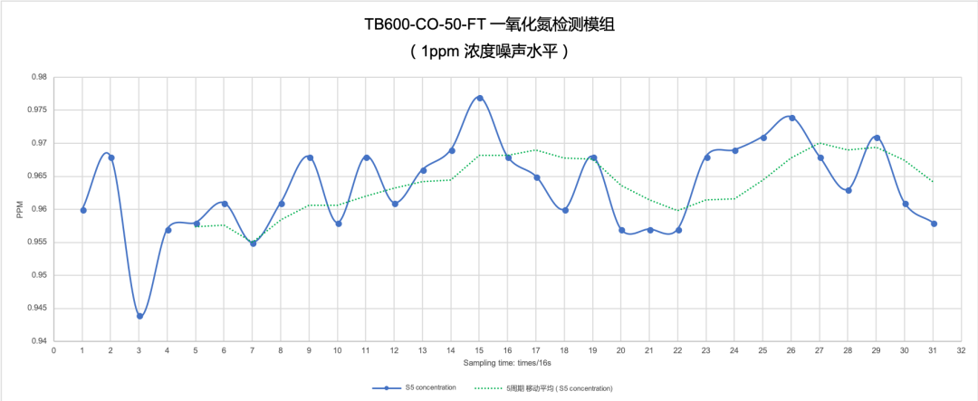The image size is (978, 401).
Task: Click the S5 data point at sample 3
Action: (x=139, y=316)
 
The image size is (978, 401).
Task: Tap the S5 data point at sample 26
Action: (x=791, y=118)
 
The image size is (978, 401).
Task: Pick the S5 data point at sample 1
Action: (x=83, y=210)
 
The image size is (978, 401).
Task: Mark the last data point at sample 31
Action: (x=934, y=223)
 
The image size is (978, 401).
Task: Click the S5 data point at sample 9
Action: (x=310, y=158)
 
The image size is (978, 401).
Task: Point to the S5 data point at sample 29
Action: (x=877, y=138)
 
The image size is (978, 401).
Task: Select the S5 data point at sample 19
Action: (x=593, y=158)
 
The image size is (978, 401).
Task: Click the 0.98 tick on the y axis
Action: (x=40, y=77)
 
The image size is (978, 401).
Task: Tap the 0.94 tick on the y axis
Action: (x=40, y=341)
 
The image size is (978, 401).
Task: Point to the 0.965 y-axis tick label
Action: (x=38, y=176)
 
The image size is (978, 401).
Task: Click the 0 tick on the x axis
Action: (x=54, y=351)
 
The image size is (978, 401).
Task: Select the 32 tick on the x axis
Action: (x=962, y=351)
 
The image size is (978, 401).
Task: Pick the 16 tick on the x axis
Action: (x=508, y=351)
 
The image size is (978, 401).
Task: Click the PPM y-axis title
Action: (x=19, y=209)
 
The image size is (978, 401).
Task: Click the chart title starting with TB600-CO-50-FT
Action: (x=489, y=24)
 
